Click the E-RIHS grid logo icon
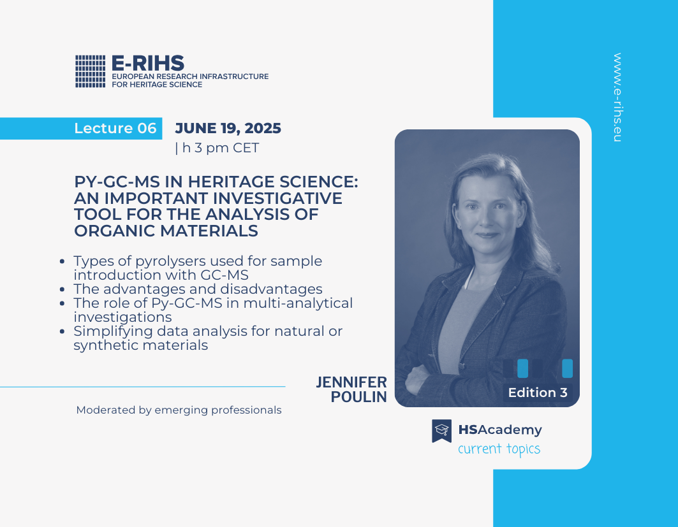pos(91,71)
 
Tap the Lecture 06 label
pos(115,128)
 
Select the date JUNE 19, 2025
pos(228,128)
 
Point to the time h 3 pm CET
pos(221,148)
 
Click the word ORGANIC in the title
pos(114,231)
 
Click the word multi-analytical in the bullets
pos(298,303)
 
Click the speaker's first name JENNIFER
pos(351,382)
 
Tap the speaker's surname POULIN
pos(359,397)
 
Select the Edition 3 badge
pos(538,393)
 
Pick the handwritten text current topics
pos(499,449)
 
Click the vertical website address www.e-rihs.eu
pos(617,97)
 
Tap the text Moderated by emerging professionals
pos(179,410)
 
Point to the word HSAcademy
pos(500,430)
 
